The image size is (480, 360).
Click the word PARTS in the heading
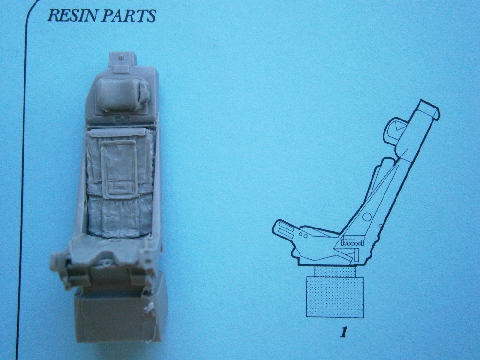click(x=129, y=15)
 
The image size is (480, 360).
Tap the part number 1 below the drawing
click(x=343, y=333)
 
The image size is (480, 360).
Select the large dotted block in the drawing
click(x=335, y=298)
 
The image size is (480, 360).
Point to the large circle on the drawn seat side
click(x=367, y=217)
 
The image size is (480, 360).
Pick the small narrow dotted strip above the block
click(x=335, y=272)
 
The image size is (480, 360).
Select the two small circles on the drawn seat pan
click(x=303, y=235)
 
